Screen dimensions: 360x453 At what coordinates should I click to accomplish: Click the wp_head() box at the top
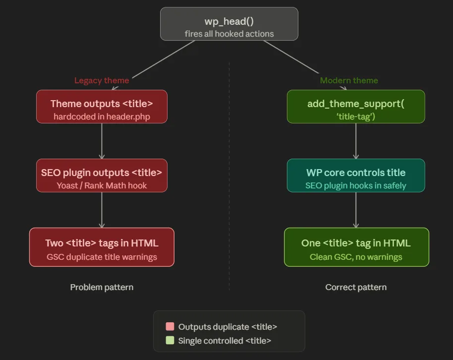[229, 24]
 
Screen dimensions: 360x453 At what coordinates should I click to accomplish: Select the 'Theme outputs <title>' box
[102, 106]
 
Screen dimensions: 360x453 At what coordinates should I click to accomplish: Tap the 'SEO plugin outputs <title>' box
[102, 175]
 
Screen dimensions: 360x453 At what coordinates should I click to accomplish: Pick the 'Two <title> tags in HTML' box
[102, 247]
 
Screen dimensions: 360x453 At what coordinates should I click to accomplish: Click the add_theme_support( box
[356, 106]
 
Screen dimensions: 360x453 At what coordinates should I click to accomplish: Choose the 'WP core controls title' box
[356, 175]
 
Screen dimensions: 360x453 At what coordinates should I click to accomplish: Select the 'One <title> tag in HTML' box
[356, 247]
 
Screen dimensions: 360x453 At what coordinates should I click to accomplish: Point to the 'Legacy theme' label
[102, 80]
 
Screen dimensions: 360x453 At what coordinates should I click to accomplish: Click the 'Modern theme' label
[349, 80]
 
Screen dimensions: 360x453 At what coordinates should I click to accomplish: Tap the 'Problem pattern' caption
[102, 287]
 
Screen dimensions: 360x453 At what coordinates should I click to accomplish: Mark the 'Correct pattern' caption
[356, 287]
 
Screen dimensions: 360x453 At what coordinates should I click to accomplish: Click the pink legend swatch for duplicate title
[170, 327]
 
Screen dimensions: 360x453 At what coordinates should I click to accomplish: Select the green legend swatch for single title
[170, 341]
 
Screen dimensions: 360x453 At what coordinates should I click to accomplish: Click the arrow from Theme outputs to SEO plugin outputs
[102, 141]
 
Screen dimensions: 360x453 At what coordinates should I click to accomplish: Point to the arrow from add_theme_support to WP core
[356, 141]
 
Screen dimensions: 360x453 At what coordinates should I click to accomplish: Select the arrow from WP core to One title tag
[356, 210]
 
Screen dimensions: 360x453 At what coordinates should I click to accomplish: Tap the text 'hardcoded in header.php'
[102, 117]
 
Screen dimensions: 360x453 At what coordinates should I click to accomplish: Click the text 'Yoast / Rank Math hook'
[102, 186]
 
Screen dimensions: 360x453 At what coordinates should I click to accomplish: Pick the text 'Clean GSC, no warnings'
[356, 257]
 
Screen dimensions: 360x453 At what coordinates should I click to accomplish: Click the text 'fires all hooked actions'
[229, 34]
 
